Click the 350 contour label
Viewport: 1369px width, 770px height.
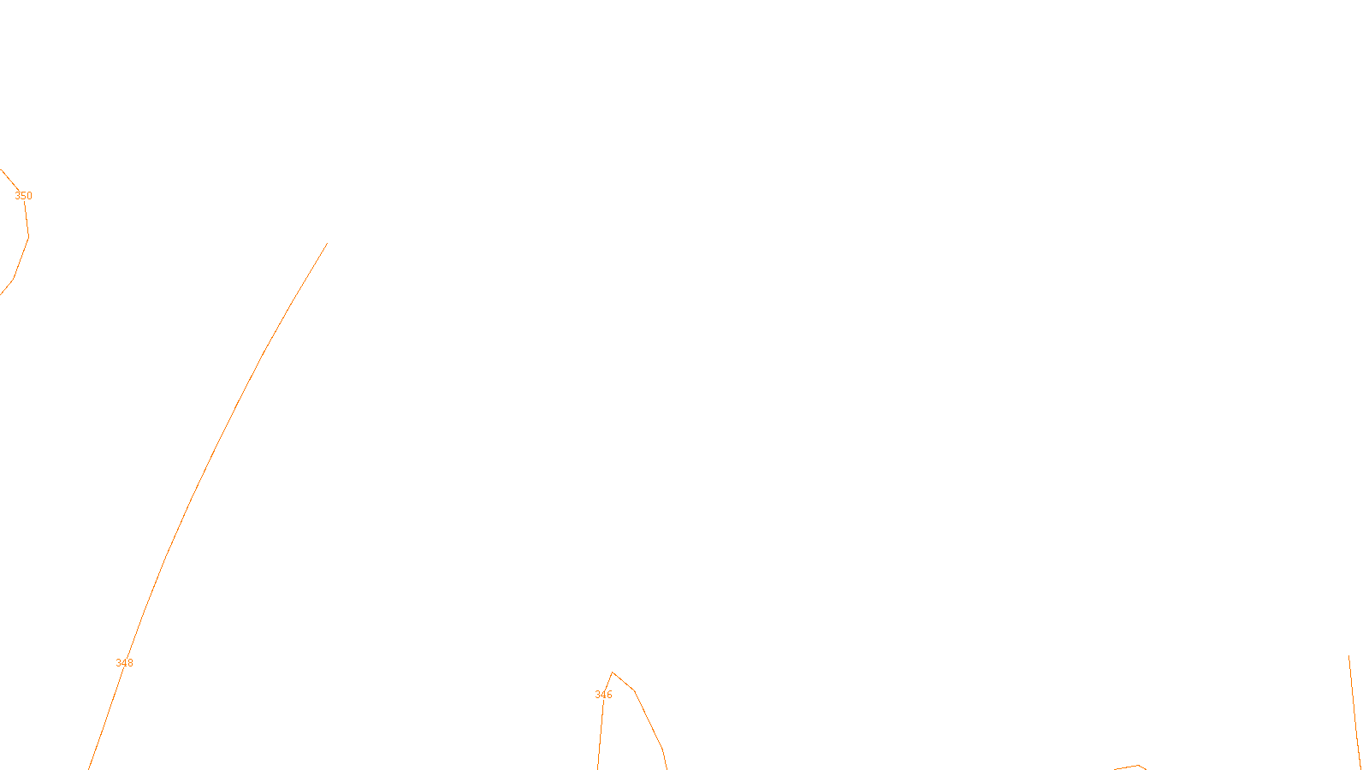(23, 196)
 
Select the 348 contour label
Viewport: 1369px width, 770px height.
(124, 663)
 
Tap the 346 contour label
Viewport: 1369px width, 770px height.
(603, 695)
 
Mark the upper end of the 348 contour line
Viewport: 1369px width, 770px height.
(327, 244)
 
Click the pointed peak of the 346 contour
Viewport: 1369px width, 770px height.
(613, 673)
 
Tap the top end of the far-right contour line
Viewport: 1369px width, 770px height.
(1349, 656)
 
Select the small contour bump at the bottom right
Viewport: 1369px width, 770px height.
(1138, 766)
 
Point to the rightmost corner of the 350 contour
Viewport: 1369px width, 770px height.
(28, 236)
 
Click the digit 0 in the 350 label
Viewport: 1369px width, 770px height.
(29, 196)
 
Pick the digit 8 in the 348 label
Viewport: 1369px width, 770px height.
(130, 663)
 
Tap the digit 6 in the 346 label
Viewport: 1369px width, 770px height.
(609, 695)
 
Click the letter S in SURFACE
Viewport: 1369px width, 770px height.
(667, 756)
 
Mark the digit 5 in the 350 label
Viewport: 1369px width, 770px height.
(23, 196)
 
